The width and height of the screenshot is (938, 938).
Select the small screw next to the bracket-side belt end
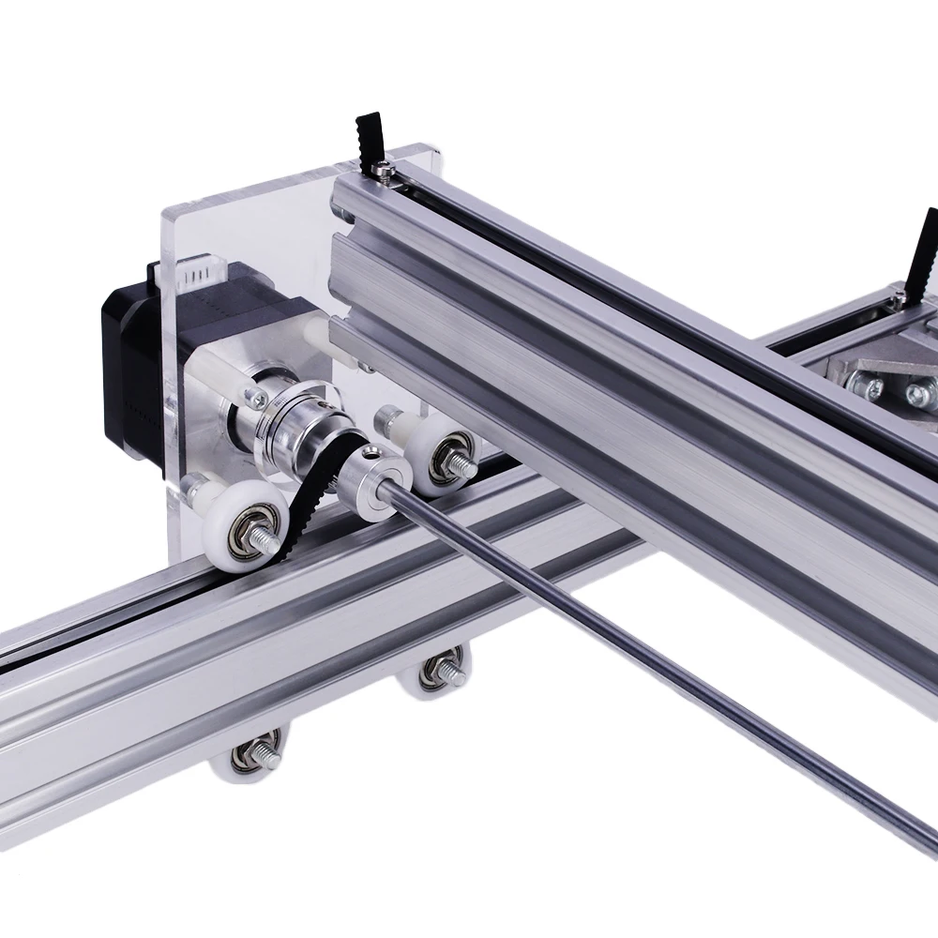click(x=900, y=297)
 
